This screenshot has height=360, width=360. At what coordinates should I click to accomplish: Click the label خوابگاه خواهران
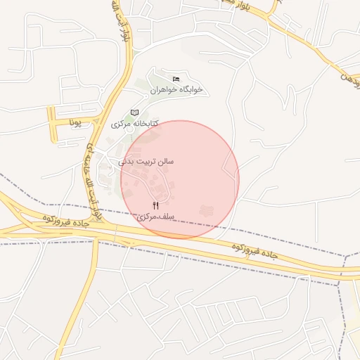pyautogui.click(x=176, y=90)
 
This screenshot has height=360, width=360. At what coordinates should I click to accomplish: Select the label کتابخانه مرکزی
pyautogui.click(x=134, y=124)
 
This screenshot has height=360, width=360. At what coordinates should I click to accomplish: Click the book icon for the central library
pyautogui.click(x=134, y=112)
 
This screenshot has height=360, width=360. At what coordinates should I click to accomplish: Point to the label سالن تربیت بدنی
pyautogui.click(x=146, y=161)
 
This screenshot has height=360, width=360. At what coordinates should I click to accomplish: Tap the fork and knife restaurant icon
pyautogui.click(x=155, y=205)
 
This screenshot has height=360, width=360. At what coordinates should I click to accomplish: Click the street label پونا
pyautogui.click(x=76, y=122)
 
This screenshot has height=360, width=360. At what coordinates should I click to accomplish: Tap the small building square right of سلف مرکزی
pyautogui.click(x=207, y=210)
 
